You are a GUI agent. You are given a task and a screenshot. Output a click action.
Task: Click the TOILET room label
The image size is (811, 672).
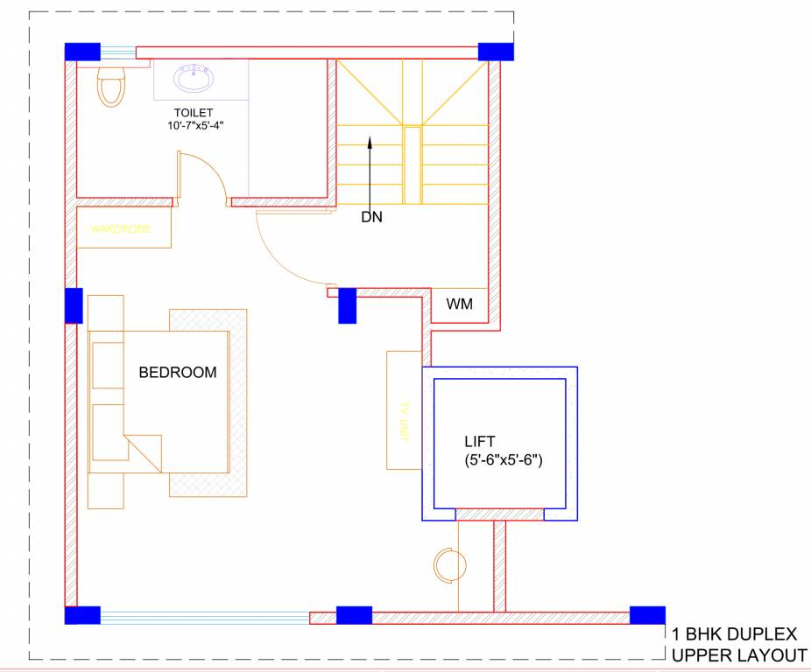point(192,113)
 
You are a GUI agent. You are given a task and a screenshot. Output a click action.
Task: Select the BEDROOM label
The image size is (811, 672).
point(178,373)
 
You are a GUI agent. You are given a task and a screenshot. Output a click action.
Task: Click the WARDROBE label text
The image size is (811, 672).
point(121,229)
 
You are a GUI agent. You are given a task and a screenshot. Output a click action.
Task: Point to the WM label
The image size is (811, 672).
point(460,304)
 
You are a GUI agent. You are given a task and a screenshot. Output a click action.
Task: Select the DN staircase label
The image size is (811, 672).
point(371,217)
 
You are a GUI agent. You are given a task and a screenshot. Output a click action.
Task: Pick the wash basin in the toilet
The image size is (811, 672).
point(194,80)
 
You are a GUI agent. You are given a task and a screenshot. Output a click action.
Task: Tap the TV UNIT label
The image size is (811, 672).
point(405,422)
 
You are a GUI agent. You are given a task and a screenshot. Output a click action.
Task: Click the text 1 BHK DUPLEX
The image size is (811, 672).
point(734,634)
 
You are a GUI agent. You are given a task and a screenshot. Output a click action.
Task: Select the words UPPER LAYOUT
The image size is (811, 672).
point(738,655)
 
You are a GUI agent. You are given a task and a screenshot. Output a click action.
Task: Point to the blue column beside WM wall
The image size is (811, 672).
point(347,305)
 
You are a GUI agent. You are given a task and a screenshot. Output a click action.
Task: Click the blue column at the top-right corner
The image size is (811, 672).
point(495,51)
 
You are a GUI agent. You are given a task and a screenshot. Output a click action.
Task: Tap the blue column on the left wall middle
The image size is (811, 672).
point(74,305)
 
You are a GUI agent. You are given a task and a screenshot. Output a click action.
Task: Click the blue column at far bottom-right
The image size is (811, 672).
point(647,614)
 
